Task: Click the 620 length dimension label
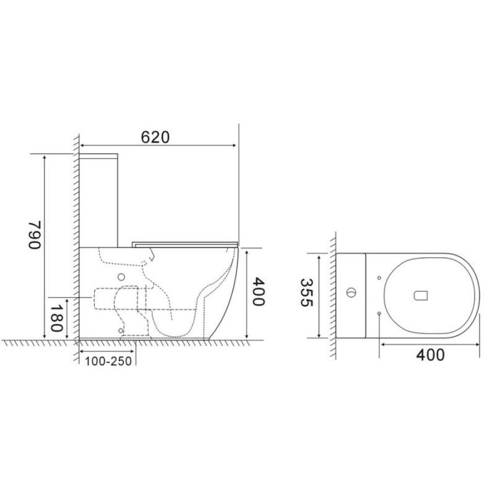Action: [155, 137]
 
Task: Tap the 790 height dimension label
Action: [35, 235]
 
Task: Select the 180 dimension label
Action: [56, 318]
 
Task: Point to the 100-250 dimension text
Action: [108, 361]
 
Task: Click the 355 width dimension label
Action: [306, 292]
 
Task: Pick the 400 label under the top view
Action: [430, 355]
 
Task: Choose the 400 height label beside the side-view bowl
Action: [259, 291]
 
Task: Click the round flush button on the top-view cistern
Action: [350, 293]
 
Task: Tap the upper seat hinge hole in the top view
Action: [379, 278]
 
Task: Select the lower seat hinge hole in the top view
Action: [379, 313]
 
